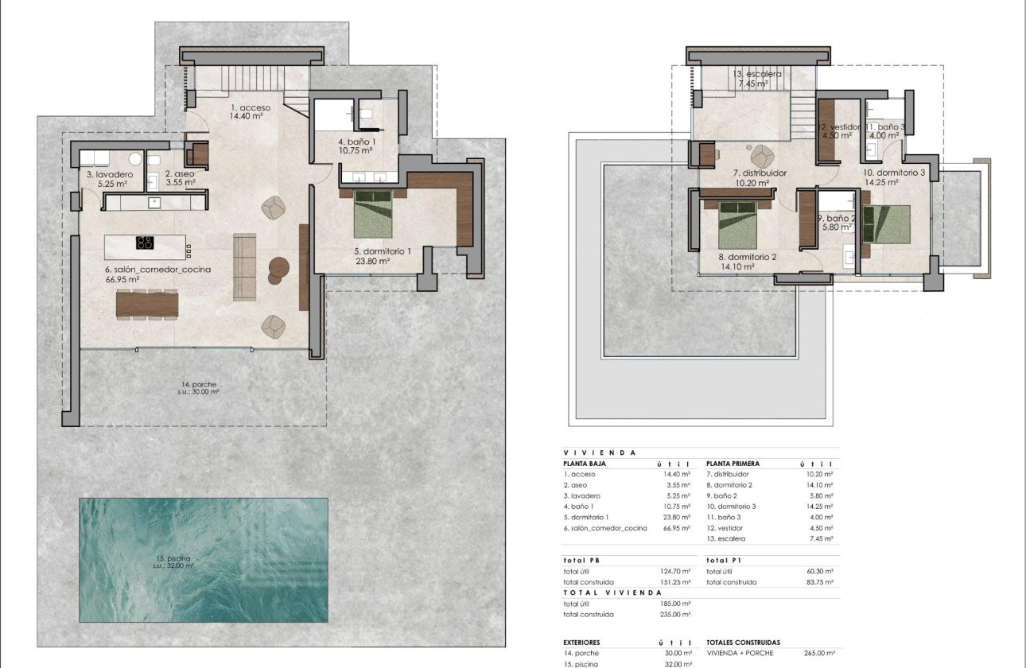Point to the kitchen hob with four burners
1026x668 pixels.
point(145,243)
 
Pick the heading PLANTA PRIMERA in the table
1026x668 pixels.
point(733,464)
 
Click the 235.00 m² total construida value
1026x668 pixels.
point(674,615)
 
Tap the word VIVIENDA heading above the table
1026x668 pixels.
point(600,452)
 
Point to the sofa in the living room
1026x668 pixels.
point(244,266)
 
